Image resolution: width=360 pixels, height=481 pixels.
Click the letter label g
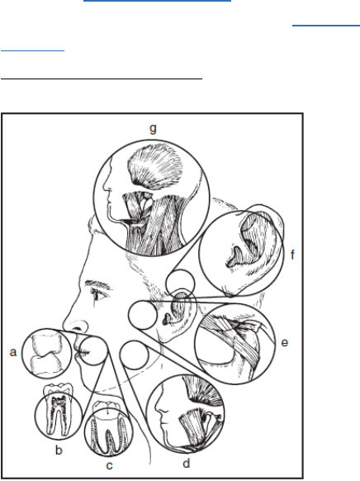[x=153, y=129]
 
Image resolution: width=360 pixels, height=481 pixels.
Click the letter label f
[x=292, y=255]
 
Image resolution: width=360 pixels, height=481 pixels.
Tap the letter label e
[x=284, y=342]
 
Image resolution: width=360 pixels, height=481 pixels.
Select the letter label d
[x=187, y=463]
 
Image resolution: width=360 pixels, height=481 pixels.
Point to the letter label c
[x=109, y=465]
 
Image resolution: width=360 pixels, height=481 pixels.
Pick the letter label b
[x=59, y=450]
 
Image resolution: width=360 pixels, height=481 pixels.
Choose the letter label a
[x=13, y=352]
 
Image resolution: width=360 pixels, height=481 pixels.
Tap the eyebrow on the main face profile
[x=97, y=284]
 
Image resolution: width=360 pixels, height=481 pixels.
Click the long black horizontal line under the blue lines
[x=102, y=79]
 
